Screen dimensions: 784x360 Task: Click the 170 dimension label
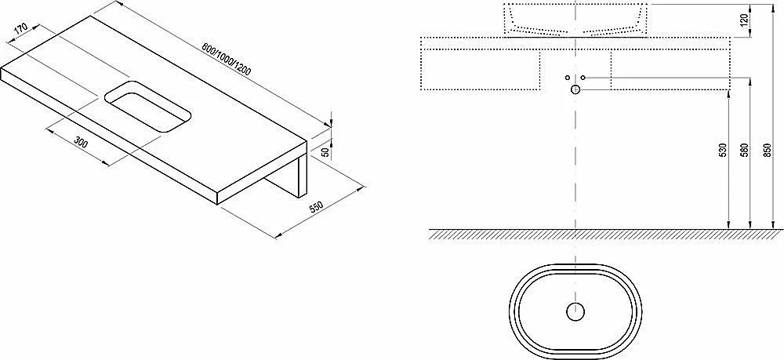[x=20, y=29]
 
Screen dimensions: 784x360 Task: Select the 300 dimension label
[x=81, y=143]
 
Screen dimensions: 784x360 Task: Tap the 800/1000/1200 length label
[x=226, y=59]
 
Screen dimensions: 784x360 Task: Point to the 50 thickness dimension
[x=325, y=152]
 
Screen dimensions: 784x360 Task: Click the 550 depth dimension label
[x=317, y=207]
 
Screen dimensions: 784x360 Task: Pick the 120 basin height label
[x=744, y=21]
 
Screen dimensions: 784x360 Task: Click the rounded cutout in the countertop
[x=148, y=106]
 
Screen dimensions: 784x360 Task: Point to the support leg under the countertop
[x=287, y=175]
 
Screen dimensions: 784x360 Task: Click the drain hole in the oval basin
[x=575, y=311]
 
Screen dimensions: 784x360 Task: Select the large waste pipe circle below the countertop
[x=575, y=89]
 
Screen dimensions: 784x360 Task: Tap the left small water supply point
[x=567, y=78]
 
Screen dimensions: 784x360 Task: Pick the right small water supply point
[x=583, y=78]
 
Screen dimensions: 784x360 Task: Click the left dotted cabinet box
[x=481, y=70]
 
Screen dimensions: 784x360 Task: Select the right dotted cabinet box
[x=670, y=70]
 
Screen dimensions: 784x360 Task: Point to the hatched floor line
[x=605, y=234]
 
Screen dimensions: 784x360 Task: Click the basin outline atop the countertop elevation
[x=575, y=20]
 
